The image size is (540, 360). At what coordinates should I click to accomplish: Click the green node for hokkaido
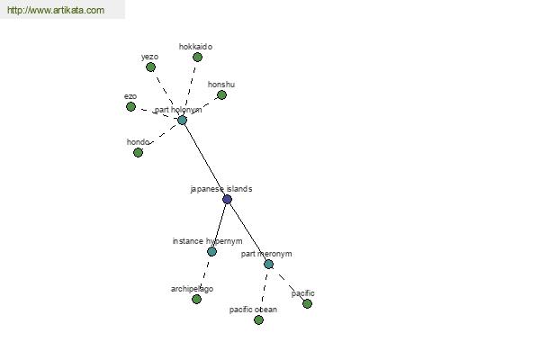pos(197,58)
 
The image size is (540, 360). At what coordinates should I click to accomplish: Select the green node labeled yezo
pos(150,67)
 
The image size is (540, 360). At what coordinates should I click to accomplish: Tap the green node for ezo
pos(130,107)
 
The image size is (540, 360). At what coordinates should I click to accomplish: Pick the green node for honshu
pos(221,94)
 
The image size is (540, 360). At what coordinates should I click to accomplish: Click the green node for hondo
pos(138,152)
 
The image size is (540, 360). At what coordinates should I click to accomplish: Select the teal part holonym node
pos(182,120)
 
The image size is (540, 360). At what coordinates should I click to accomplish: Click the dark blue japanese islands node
pos(228,199)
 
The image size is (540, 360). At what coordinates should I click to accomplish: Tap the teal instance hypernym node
pos(211,251)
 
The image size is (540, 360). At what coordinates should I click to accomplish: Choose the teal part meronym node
pos(268,265)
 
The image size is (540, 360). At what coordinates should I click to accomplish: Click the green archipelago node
pos(196,299)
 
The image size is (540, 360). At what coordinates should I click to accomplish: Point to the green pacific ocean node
pos(258,320)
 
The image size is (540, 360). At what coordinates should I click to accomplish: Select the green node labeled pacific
pos(307,303)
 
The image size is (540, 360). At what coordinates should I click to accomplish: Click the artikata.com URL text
pos(56,10)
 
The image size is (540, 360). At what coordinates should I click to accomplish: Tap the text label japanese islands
pos(221,189)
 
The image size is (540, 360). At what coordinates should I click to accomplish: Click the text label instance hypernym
pos(207,241)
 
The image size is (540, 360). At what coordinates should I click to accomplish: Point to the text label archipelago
pos(192,289)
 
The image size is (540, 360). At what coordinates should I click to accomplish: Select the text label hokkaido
pos(195,47)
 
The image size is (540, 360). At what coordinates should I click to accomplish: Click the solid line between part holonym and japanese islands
pos(204,159)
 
